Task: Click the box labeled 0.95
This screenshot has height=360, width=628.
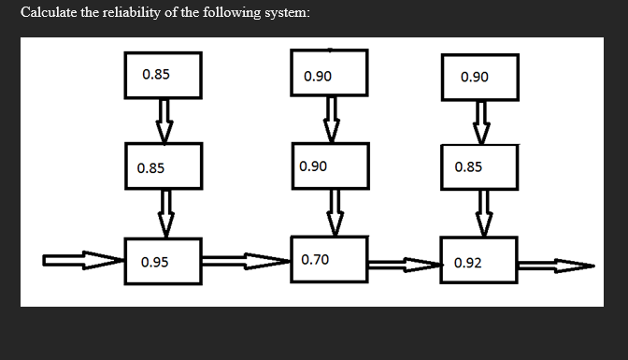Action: (x=164, y=262)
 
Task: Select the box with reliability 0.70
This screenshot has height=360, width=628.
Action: (x=329, y=259)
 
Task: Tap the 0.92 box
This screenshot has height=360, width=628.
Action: (x=481, y=262)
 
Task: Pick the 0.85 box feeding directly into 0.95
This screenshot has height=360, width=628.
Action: (x=164, y=168)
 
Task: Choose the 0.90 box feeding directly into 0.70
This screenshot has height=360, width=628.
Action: (x=329, y=166)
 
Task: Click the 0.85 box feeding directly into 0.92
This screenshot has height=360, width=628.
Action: (x=481, y=167)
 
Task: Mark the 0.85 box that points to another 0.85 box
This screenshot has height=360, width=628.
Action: (x=164, y=75)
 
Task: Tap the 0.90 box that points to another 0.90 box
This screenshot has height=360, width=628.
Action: (x=329, y=75)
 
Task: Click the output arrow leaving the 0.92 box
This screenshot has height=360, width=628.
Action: (x=556, y=266)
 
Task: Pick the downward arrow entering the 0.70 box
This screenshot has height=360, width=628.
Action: (x=332, y=213)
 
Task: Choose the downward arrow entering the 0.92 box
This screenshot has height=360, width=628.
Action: (x=483, y=214)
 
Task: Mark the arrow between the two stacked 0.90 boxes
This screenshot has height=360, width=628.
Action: (x=330, y=120)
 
